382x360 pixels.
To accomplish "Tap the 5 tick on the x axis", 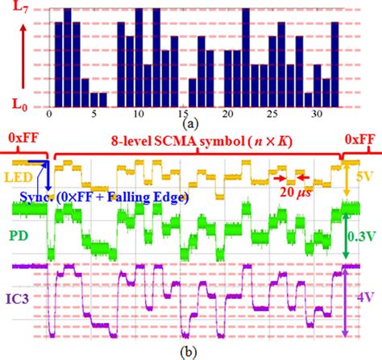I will click(x=93, y=115).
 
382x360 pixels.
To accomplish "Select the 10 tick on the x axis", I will click(x=139, y=115).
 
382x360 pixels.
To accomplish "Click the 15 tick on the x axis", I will click(x=184, y=115).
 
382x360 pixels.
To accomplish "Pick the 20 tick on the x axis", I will click(x=229, y=115).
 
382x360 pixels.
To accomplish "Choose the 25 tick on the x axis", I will click(x=274, y=115).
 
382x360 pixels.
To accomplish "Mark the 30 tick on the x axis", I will click(x=319, y=115).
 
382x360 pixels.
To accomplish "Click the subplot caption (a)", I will click(x=190, y=125).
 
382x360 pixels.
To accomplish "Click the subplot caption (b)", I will click(x=190, y=351).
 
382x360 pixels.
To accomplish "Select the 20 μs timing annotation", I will click(x=294, y=190).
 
